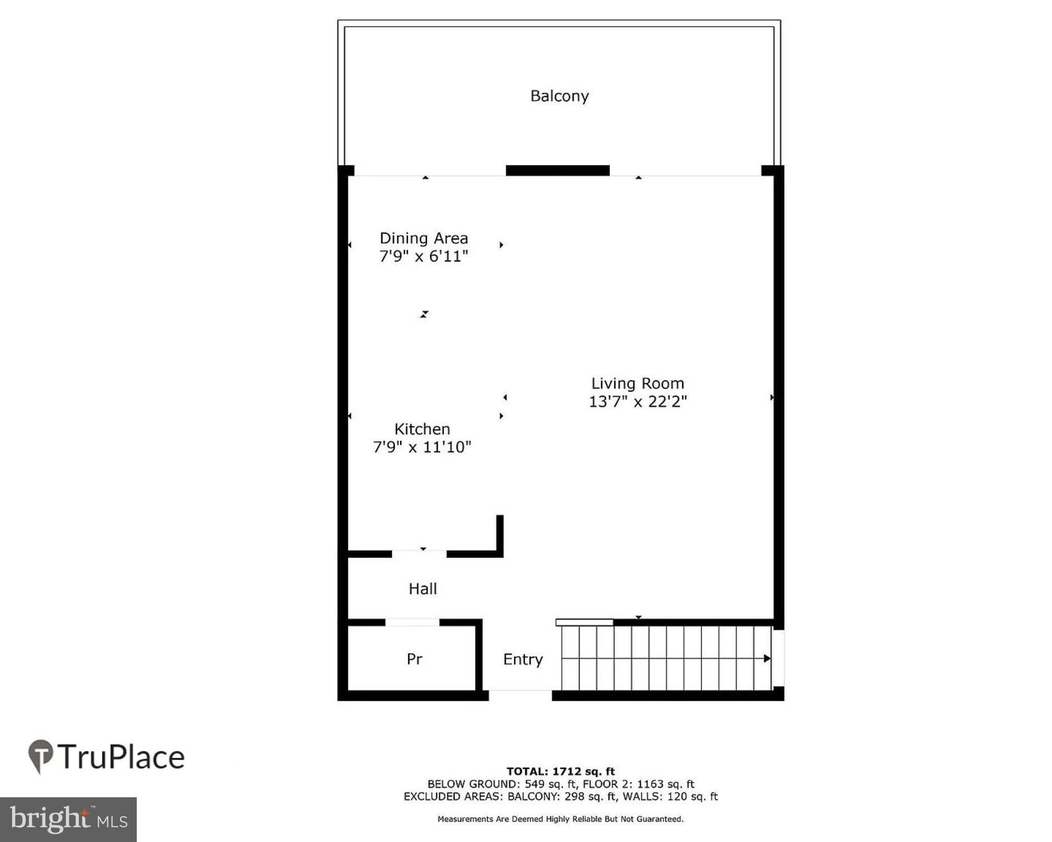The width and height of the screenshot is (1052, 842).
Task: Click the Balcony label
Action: (x=559, y=96)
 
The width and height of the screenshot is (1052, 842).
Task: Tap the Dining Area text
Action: (x=423, y=238)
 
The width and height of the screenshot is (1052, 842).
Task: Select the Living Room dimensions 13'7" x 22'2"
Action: (x=638, y=402)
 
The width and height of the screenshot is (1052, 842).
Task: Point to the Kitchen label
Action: (x=422, y=429)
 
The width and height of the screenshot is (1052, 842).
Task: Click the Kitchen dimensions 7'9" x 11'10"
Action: (x=422, y=447)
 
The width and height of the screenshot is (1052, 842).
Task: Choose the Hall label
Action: (x=422, y=588)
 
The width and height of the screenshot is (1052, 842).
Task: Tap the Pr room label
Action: (x=414, y=659)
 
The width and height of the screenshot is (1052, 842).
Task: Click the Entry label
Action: (x=523, y=659)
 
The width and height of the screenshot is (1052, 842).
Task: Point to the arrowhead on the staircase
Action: (x=767, y=658)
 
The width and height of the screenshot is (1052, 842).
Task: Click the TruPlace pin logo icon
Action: (x=41, y=756)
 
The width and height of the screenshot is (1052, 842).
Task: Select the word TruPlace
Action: (x=122, y=757)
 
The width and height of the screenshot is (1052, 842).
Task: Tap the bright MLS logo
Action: (x=68, y=819)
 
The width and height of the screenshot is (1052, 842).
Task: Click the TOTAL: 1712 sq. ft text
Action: (x=560, y=771)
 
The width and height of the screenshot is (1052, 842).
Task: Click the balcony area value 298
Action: (x=574, y=796)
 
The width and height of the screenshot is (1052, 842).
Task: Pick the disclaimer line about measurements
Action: (x=560, y=819)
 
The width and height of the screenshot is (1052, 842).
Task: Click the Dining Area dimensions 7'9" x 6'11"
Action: (x=423, y=256)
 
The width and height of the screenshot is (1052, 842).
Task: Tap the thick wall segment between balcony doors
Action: (x=558, y=171)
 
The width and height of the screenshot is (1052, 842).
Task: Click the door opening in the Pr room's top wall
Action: (x=412, y=623)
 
